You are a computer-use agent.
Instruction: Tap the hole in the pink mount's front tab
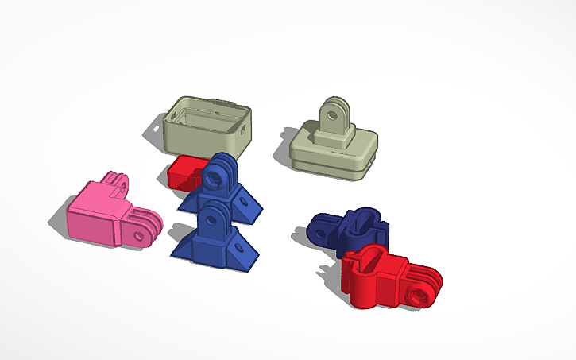click(144, 234)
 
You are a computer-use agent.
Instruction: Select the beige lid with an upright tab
click(334, 143)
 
